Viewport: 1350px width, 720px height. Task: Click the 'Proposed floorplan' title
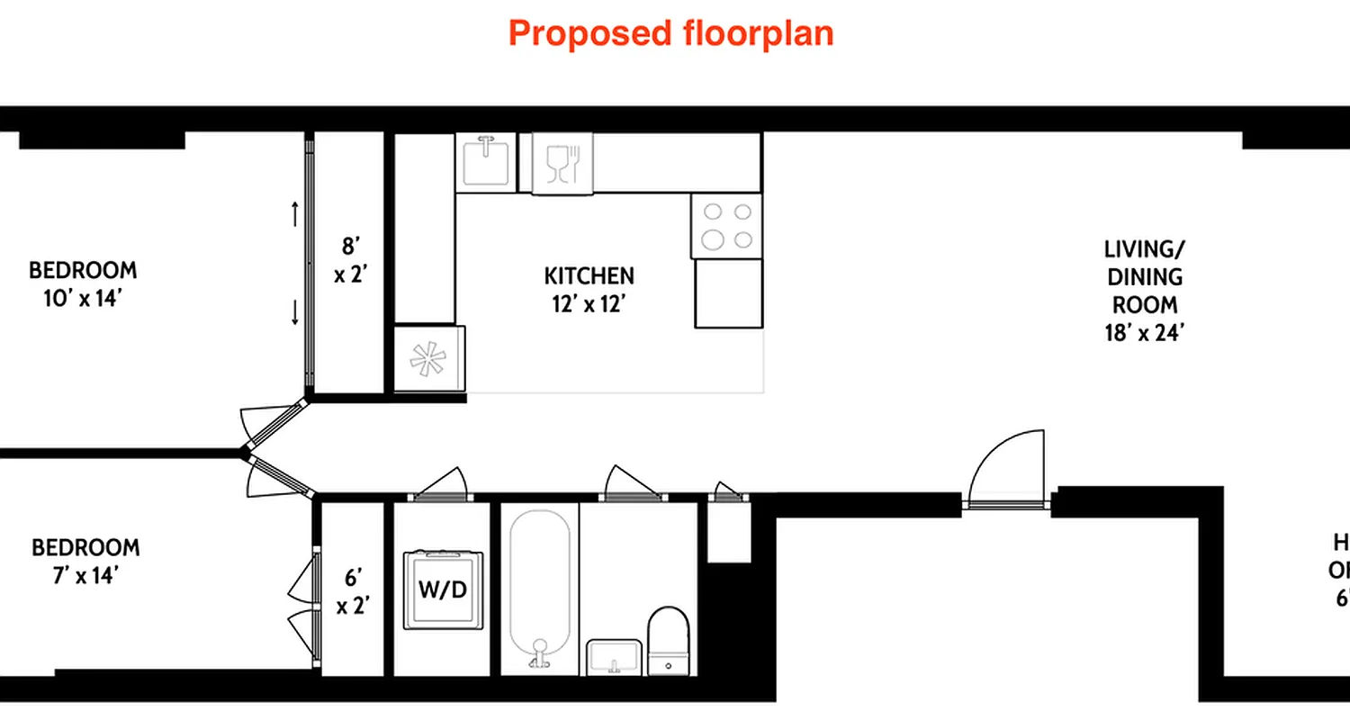(x=670, y=33)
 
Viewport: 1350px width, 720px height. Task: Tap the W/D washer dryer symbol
(x=442, y=590)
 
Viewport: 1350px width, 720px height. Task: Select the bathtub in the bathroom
(x=540, y=589)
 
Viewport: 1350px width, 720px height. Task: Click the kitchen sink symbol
(x=486, y=162)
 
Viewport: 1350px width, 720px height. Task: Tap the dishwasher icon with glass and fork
(x=563, y=163)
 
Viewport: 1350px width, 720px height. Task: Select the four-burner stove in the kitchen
(x=726, y=226)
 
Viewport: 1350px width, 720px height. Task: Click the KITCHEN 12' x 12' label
(x=589, y=289)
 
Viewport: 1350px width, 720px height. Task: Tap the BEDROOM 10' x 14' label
(x=83, y=283)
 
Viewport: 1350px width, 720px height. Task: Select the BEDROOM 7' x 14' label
(x=85, y=561)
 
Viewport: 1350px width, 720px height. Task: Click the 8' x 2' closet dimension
(x=349, y=259)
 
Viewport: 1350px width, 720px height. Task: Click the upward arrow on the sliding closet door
(x=295, y=214)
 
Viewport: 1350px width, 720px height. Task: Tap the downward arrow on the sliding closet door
(x=295, y=312)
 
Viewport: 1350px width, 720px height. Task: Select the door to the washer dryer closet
(x=441, y=484)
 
